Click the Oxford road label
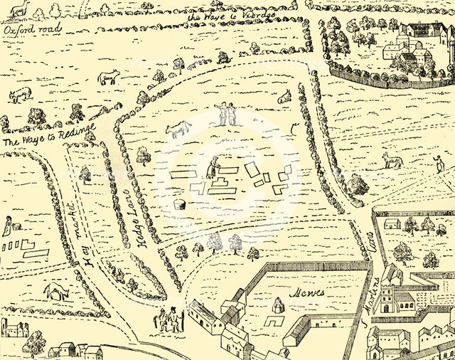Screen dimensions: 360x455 [32, 30]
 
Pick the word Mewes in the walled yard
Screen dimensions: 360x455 [306, 292]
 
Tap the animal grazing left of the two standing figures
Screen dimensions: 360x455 [178, 129]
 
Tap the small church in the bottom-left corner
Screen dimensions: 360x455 [14, 329]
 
